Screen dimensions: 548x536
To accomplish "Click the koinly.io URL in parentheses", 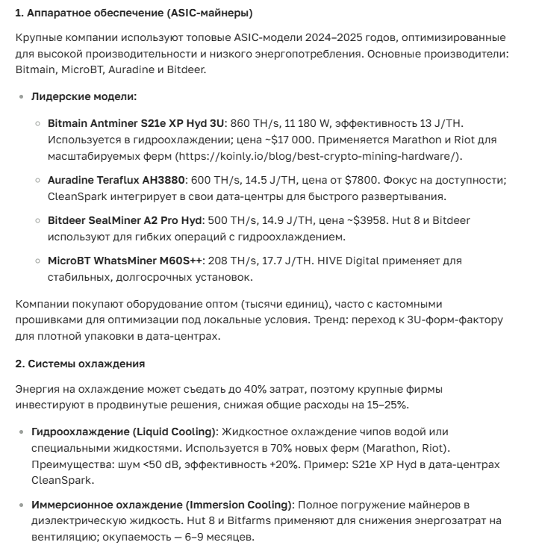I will (x=318, y=156).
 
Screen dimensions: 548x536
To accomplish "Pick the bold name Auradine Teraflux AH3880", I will (x=117, y=181).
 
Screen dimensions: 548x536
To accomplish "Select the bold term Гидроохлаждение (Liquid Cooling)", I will (x=123, y=432).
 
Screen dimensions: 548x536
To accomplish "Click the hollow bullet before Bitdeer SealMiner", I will (x=38, y=221).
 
